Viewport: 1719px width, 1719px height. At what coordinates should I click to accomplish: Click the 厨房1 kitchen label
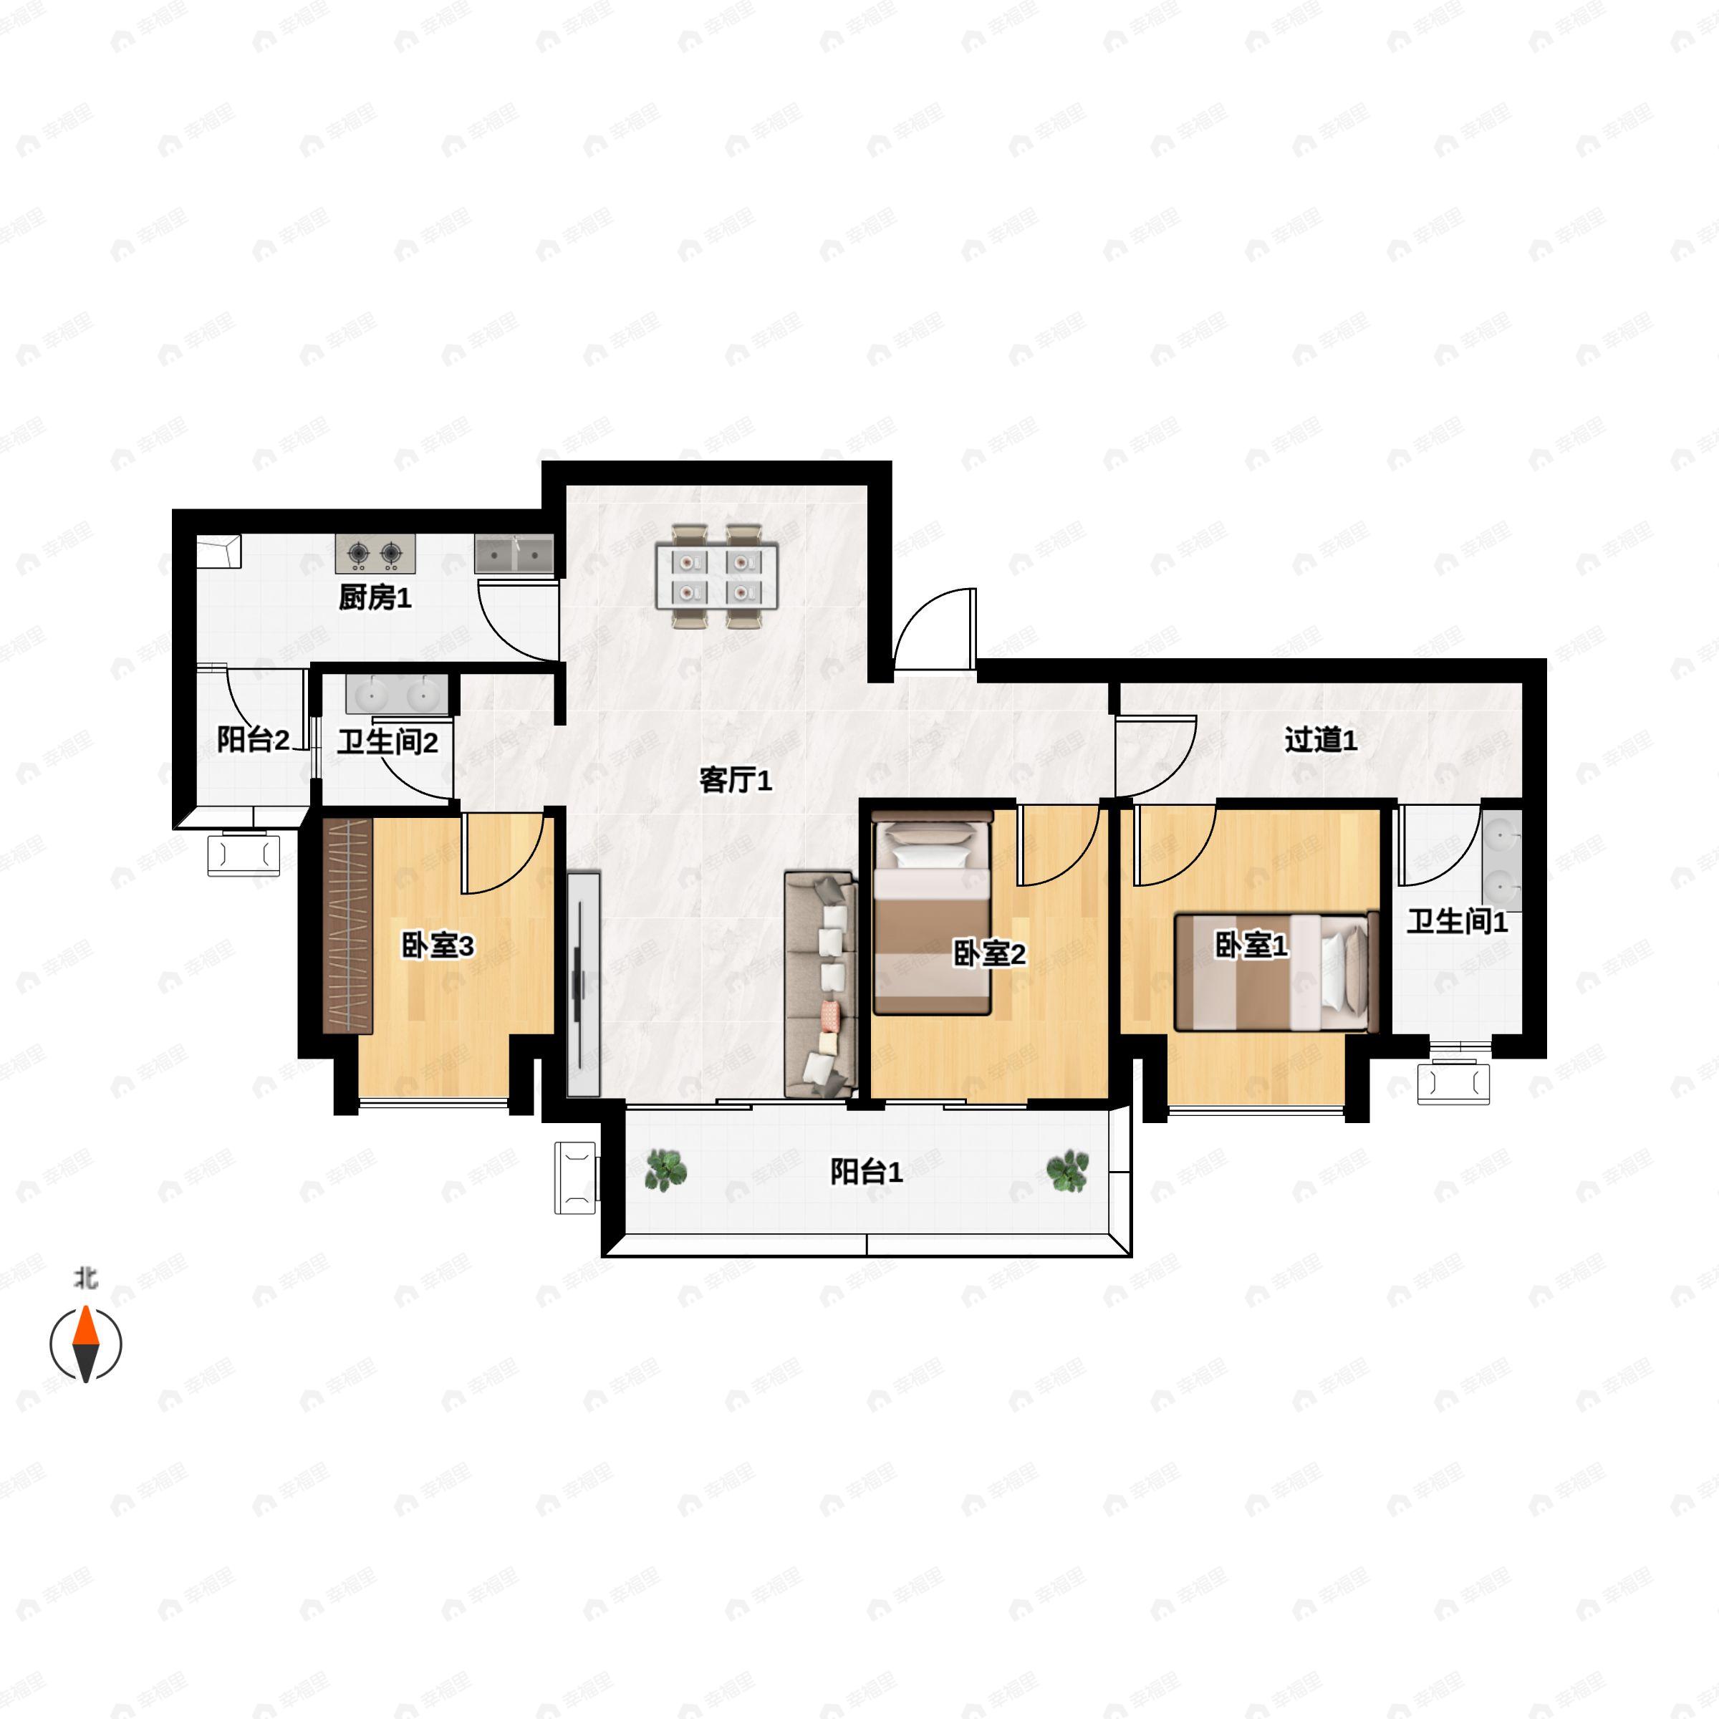(375, 597)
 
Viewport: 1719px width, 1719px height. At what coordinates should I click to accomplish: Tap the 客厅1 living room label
(735, 779)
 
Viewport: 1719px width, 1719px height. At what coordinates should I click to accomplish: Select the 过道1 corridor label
(1320, 738)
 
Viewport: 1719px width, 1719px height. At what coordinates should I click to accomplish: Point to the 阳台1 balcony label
(866, 1171)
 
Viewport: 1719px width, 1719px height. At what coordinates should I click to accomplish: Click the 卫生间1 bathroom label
(1457, 921)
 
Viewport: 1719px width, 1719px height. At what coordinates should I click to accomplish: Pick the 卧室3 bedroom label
(438, 945)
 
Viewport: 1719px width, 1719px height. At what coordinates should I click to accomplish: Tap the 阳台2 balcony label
(253, 738)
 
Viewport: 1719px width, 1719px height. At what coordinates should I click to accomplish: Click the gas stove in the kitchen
(375, 554)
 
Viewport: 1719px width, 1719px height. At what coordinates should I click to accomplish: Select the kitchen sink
(514, 554)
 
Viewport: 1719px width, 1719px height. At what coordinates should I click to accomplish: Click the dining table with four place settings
(716, 577)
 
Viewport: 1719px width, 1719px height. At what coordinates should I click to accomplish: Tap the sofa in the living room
(820, 983)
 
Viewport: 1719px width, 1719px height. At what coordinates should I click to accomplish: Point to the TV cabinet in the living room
(583, 983)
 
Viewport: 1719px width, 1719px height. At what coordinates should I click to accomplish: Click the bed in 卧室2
(932, 917)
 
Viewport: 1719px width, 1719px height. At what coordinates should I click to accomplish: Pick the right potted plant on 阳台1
(1066, 1170)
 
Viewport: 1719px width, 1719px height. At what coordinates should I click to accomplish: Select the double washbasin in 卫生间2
(397, 694)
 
